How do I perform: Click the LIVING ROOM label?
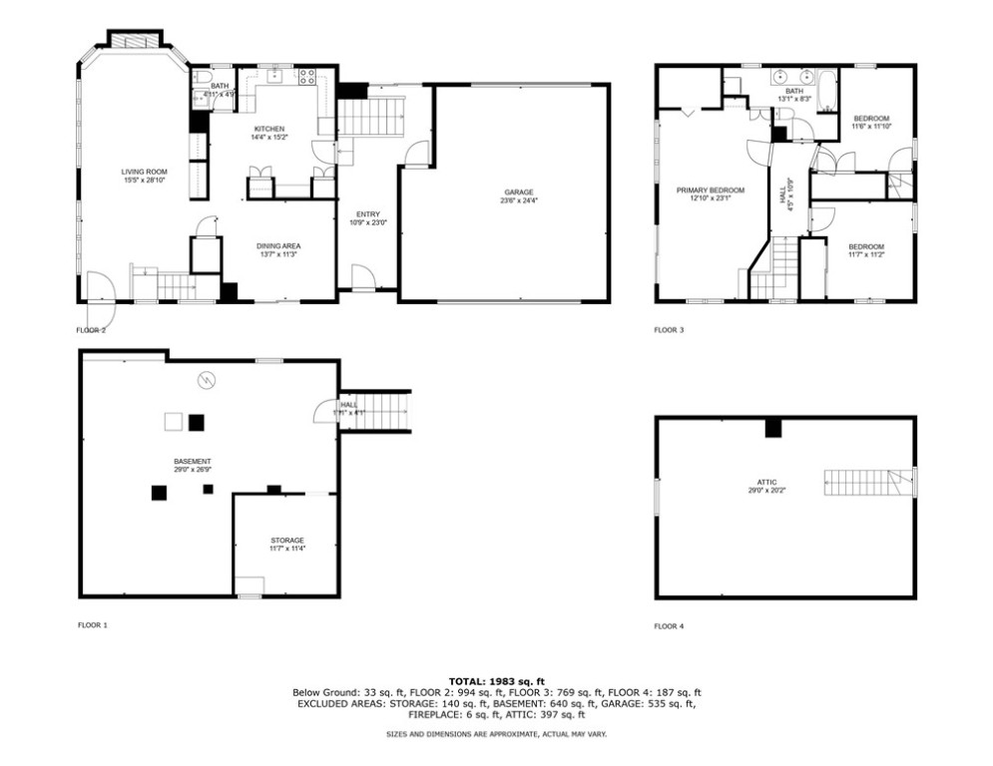(x=141, y=171)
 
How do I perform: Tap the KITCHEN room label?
(x=269, y=129)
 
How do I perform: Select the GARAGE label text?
(x=518, y=191)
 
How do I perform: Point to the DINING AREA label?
(x=278, y=245)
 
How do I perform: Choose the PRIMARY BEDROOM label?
(x=711, y=190)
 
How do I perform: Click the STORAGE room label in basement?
(x=286, y=541)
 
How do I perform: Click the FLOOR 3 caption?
(x=669, y=329)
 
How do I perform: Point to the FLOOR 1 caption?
(x=92, y=625)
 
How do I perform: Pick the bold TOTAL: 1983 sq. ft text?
(x=496, y=680)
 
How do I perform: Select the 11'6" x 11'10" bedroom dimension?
(x=870, y=127)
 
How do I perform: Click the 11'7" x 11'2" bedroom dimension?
(x=866, y=254)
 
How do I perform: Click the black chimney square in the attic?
(x=771, y=428)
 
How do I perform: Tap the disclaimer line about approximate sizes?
(x=496, y=734)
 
